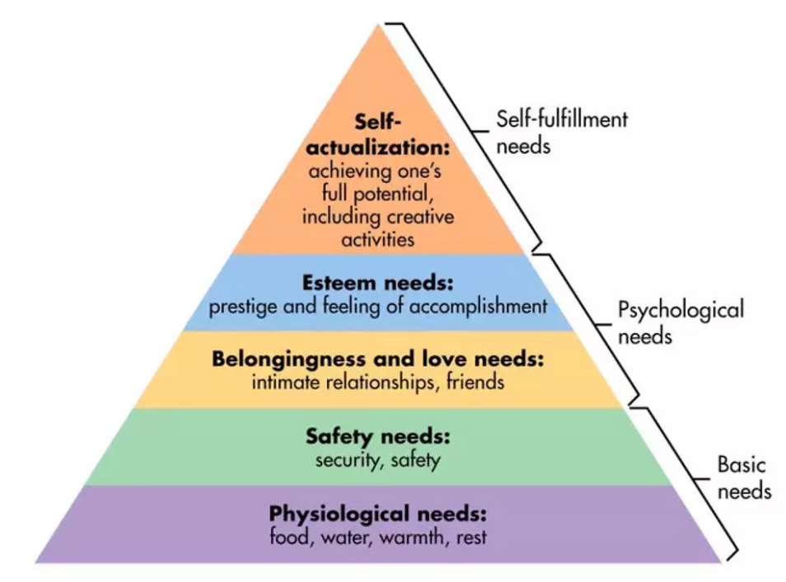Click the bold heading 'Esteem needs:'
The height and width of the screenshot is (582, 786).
tap(378, 283)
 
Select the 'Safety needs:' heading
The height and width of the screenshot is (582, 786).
tap(378, 437)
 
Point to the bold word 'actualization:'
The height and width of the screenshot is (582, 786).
tap(378, 148)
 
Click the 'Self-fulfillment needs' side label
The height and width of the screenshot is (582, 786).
tap(562, 133)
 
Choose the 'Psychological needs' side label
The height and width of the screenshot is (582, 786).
tap(681, 322)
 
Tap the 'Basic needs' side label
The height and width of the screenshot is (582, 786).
tap(744, 477)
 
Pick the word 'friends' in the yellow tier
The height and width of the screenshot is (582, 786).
tap(475, 383)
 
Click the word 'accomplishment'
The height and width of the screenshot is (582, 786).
tap(478, 307)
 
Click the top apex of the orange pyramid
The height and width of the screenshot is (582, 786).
tap(378, 24)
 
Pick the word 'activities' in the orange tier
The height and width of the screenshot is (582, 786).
tap(378, 239)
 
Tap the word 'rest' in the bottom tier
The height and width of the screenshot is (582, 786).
tap(471, 537)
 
